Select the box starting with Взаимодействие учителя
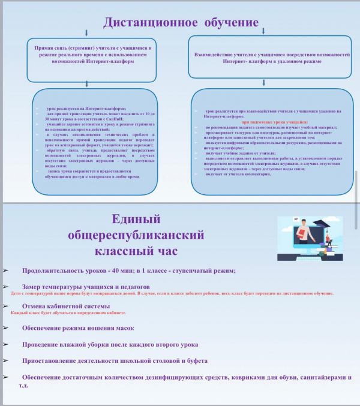[271, 58]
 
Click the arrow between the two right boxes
[271, 83]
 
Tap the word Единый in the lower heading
[137, 219]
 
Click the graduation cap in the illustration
[332, 223]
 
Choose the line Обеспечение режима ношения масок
[78, 328]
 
